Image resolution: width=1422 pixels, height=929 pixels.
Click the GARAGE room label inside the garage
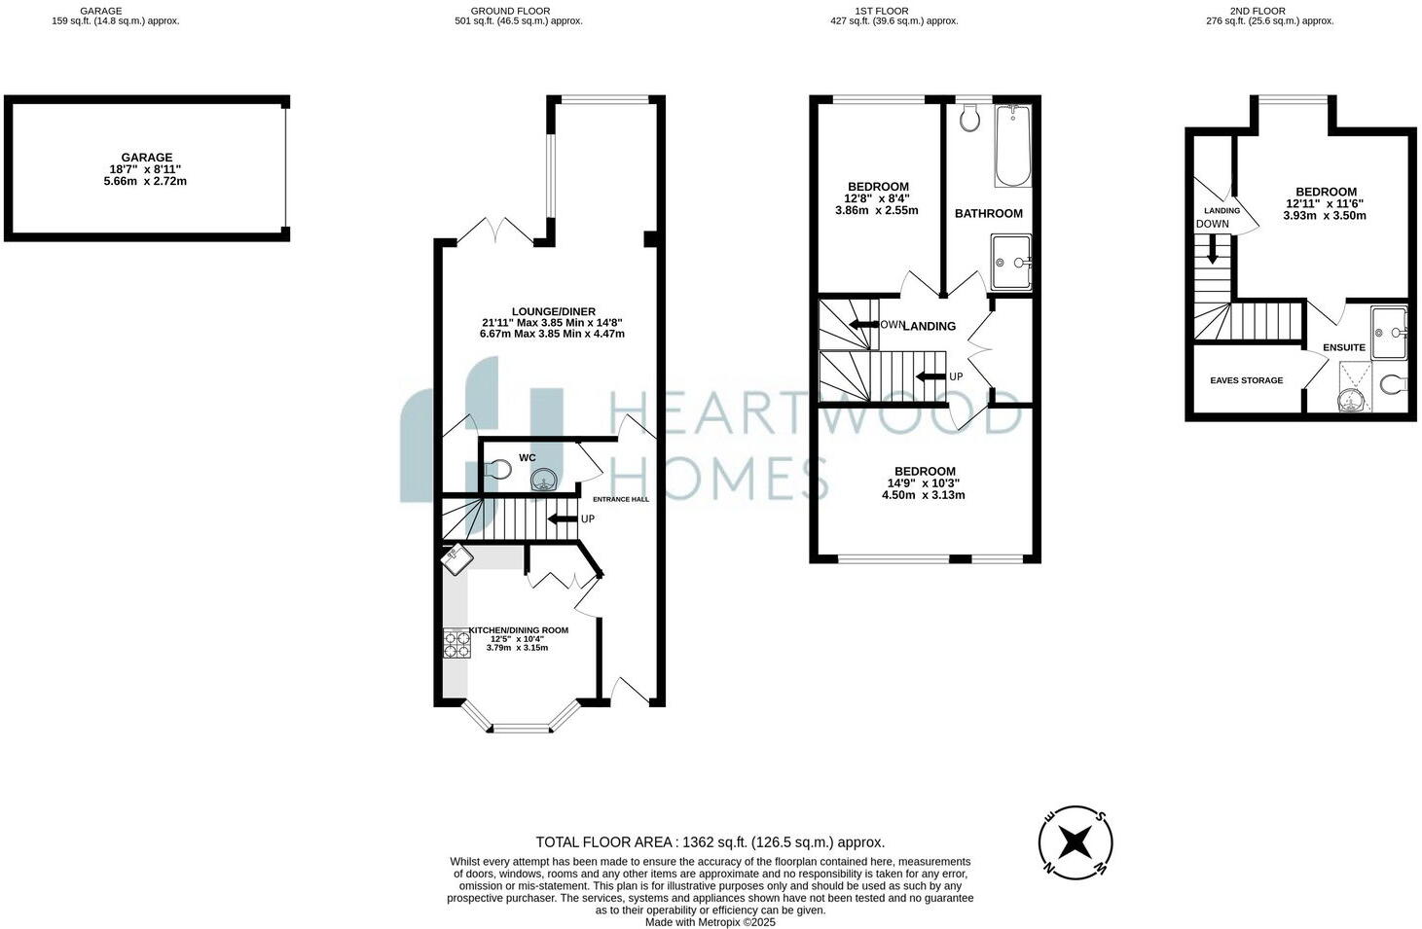click(x=146, y=157)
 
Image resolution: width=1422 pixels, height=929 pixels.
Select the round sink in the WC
click(x=544, y=478)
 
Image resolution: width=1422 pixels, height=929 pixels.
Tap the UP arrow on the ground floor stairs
click(x=563, y=518)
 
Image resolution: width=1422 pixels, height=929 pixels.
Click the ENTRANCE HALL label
click(x=621, y=499)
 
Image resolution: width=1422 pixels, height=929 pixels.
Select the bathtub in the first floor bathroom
click(x=1012, y=146)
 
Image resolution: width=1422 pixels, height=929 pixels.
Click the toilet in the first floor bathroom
click(x=968, y=118)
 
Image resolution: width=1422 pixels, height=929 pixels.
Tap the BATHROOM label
click(x=988, y=213)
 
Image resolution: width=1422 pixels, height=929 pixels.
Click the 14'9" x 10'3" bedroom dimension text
click(x=922, y=483)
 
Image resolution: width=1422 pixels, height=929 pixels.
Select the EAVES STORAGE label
click(x=1246, y=380)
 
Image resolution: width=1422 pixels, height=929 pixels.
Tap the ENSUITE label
click(x=1343, y=347)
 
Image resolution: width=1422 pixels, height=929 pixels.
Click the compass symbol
click(x=1076, y=841)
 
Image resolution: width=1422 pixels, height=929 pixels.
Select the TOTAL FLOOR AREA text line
click(x=710, y=842)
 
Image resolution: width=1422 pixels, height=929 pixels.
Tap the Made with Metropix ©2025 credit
click(x=710, y=922)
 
